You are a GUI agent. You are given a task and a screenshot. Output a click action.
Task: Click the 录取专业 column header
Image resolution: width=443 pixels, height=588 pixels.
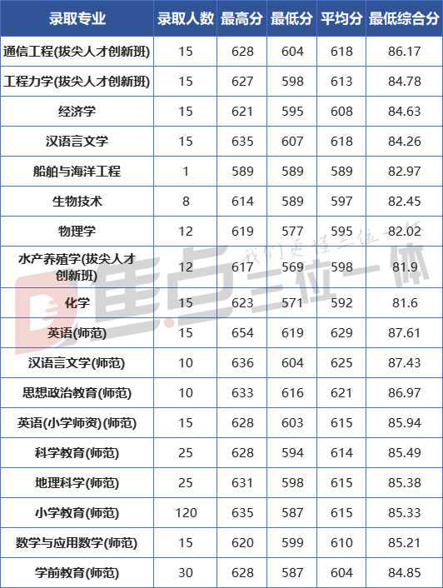point(77,18)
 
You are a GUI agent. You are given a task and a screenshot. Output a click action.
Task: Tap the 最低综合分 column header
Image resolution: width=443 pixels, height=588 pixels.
point(404,18)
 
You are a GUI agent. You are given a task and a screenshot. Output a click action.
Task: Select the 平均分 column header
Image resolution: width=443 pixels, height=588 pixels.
point(341,18)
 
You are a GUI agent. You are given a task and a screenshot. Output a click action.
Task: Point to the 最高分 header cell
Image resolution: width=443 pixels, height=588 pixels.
point(241,18)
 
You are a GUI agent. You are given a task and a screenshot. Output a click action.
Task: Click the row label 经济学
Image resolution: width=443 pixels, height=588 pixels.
point(77,112)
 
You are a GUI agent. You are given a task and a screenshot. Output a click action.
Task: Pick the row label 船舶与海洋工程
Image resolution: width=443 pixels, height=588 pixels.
point(77,172)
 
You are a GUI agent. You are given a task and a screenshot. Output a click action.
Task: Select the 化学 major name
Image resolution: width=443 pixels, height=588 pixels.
point(77,302)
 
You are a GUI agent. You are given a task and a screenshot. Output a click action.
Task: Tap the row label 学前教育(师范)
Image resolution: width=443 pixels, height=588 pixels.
point(77,573)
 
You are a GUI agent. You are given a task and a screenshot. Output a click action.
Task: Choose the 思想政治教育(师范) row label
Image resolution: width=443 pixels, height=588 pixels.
point(77,392)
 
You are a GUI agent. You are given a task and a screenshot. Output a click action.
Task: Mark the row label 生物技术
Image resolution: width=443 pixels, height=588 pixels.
point(77,202)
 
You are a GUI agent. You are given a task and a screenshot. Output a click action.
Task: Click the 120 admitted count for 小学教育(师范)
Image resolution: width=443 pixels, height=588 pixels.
point(186,512)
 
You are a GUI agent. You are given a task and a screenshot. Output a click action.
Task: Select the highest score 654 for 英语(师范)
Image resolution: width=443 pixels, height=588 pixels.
point(242,332)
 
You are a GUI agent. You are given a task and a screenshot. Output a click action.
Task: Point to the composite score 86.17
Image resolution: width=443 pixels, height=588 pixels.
point(405,52)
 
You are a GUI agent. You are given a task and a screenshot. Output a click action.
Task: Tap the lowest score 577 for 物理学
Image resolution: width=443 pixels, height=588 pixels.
point(292,232)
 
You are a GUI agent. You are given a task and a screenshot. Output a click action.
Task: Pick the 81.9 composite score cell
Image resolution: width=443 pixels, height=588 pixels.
point(405,267)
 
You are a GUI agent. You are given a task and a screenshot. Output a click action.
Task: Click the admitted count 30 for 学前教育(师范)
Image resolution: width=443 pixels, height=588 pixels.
point(186,573)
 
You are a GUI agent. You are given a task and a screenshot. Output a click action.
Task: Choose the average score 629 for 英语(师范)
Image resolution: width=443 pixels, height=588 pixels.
point(341,332)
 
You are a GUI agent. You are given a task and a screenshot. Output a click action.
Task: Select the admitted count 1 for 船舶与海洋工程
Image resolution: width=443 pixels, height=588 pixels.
point(186,172)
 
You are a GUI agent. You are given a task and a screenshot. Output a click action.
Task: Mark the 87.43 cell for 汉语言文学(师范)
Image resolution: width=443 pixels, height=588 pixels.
point(405,362)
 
